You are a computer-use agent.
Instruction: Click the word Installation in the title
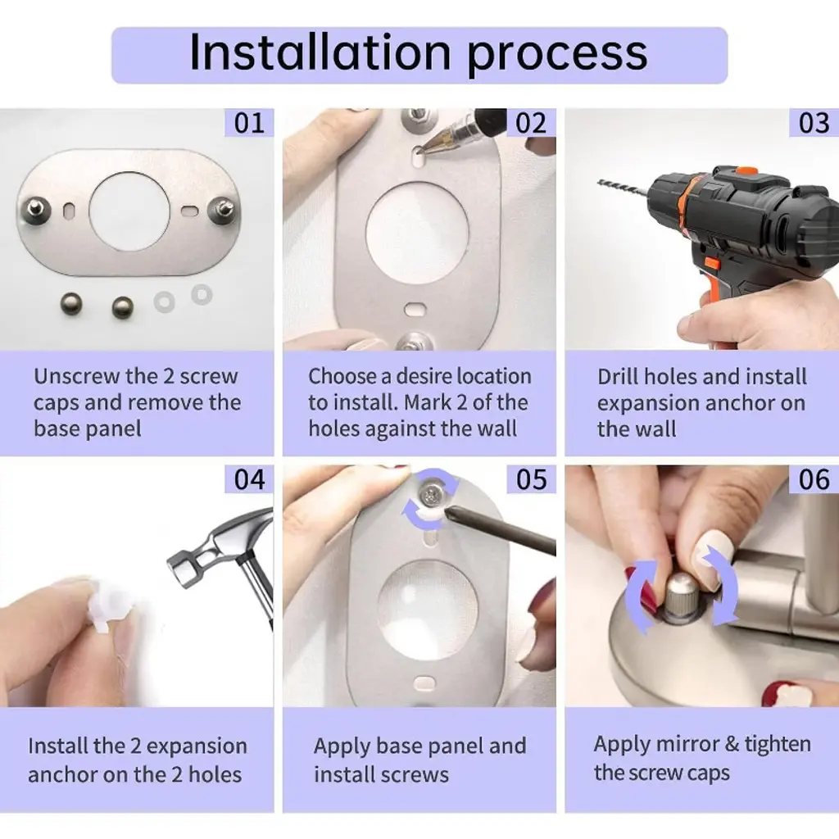[x=320, y=52]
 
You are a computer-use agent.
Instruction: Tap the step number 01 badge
[x=249, y=123]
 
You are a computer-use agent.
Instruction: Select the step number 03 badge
[x=814, y=123]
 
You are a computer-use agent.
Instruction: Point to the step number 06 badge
[x=814, y=478]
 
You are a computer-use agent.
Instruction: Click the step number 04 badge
[x=249, y=478]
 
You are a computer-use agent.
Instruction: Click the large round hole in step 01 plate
[x=129, y=211]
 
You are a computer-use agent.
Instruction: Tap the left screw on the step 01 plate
[x=36, y=211]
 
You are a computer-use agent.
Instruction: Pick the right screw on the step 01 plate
[x=223, y=208]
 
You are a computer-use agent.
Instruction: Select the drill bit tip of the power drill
[x=601, y=183]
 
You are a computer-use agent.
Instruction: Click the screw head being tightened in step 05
[x=430, y=496]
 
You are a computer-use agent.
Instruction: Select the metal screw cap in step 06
[x=682, y=596]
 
